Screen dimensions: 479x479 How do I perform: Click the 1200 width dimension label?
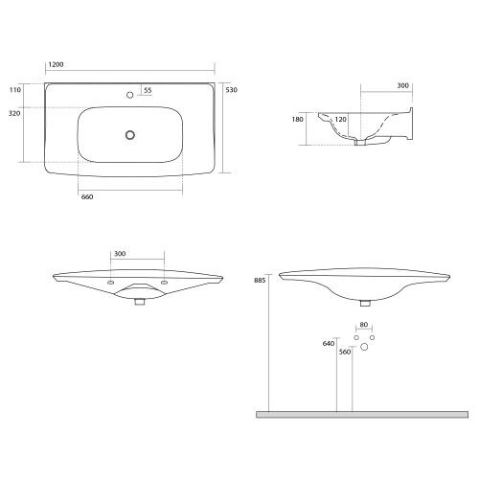pyautogui.click(x=56, y=64)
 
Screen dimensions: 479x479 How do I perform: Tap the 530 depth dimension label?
pyautogui.click(x=232, y=90)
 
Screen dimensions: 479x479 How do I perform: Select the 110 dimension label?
pyautogui.click(x=15, y=90)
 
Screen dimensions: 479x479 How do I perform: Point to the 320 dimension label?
pyautogui.click(x=14, y=113)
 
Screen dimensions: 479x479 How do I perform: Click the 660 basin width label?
pyautogui.click(x=87, y=197)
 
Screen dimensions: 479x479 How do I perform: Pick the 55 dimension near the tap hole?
pyautogui.click(x=148, y=90)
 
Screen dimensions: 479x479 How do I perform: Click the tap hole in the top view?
pyautogui.click(x=129, y=95)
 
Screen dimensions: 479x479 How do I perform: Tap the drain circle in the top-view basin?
pyautogui.click(x=130, y=135)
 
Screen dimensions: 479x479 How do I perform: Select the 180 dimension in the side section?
pyautogui.click(x=297, y=120)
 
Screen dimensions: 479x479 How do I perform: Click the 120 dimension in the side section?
pyautogui.click(x=340, y=120)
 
